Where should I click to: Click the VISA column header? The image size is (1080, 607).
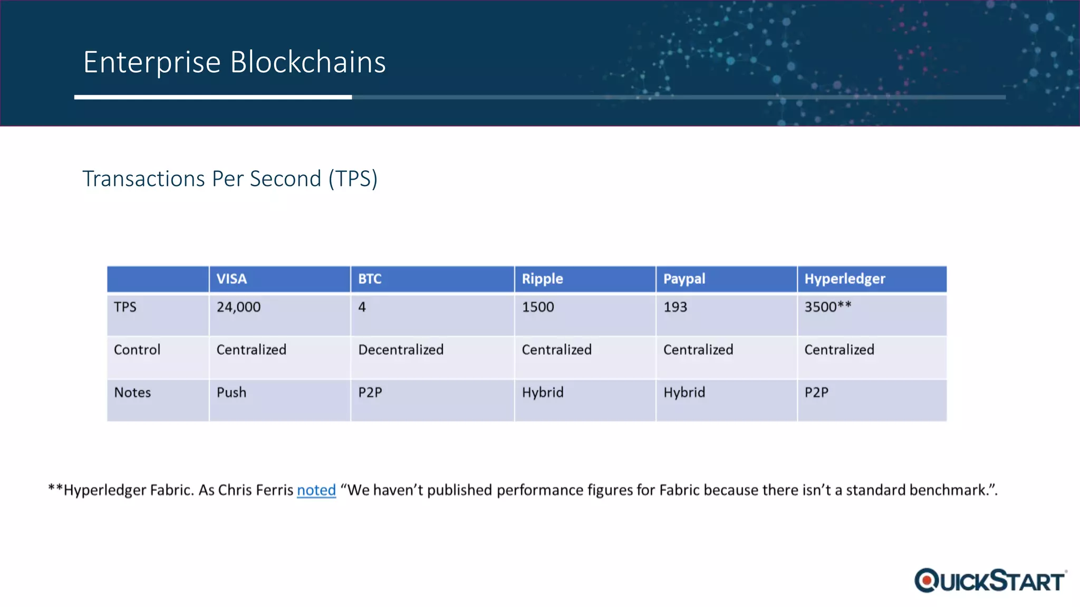point(232,279)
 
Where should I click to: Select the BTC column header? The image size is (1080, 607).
point(370,279)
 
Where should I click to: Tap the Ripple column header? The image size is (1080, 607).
point(542,279)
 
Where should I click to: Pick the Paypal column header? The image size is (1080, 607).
point(684,279)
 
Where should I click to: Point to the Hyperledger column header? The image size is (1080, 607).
point(844,279)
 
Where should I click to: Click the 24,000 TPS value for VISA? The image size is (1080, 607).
point(238,307)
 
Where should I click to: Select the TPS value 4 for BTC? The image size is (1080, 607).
point(362,307)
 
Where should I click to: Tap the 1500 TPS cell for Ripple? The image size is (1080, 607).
point(538,307)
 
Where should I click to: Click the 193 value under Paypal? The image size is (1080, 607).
point(675,307)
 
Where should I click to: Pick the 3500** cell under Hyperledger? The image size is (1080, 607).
point(827,307)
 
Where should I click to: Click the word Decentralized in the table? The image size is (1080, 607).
point(401,350)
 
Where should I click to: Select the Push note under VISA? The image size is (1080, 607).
point(232,393)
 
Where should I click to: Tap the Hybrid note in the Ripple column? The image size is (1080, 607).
point(543,393)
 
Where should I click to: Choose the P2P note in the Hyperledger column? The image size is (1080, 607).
point(816,393)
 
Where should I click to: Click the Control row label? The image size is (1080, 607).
point(137,350)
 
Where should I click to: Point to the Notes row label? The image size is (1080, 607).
point(132,393)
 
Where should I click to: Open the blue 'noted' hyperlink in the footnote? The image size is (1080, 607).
point(316,490)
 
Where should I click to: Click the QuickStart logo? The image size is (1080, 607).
point(990,581)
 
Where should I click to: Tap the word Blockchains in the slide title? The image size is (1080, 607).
point(308,62)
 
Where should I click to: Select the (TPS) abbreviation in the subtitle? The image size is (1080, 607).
point(353,179)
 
